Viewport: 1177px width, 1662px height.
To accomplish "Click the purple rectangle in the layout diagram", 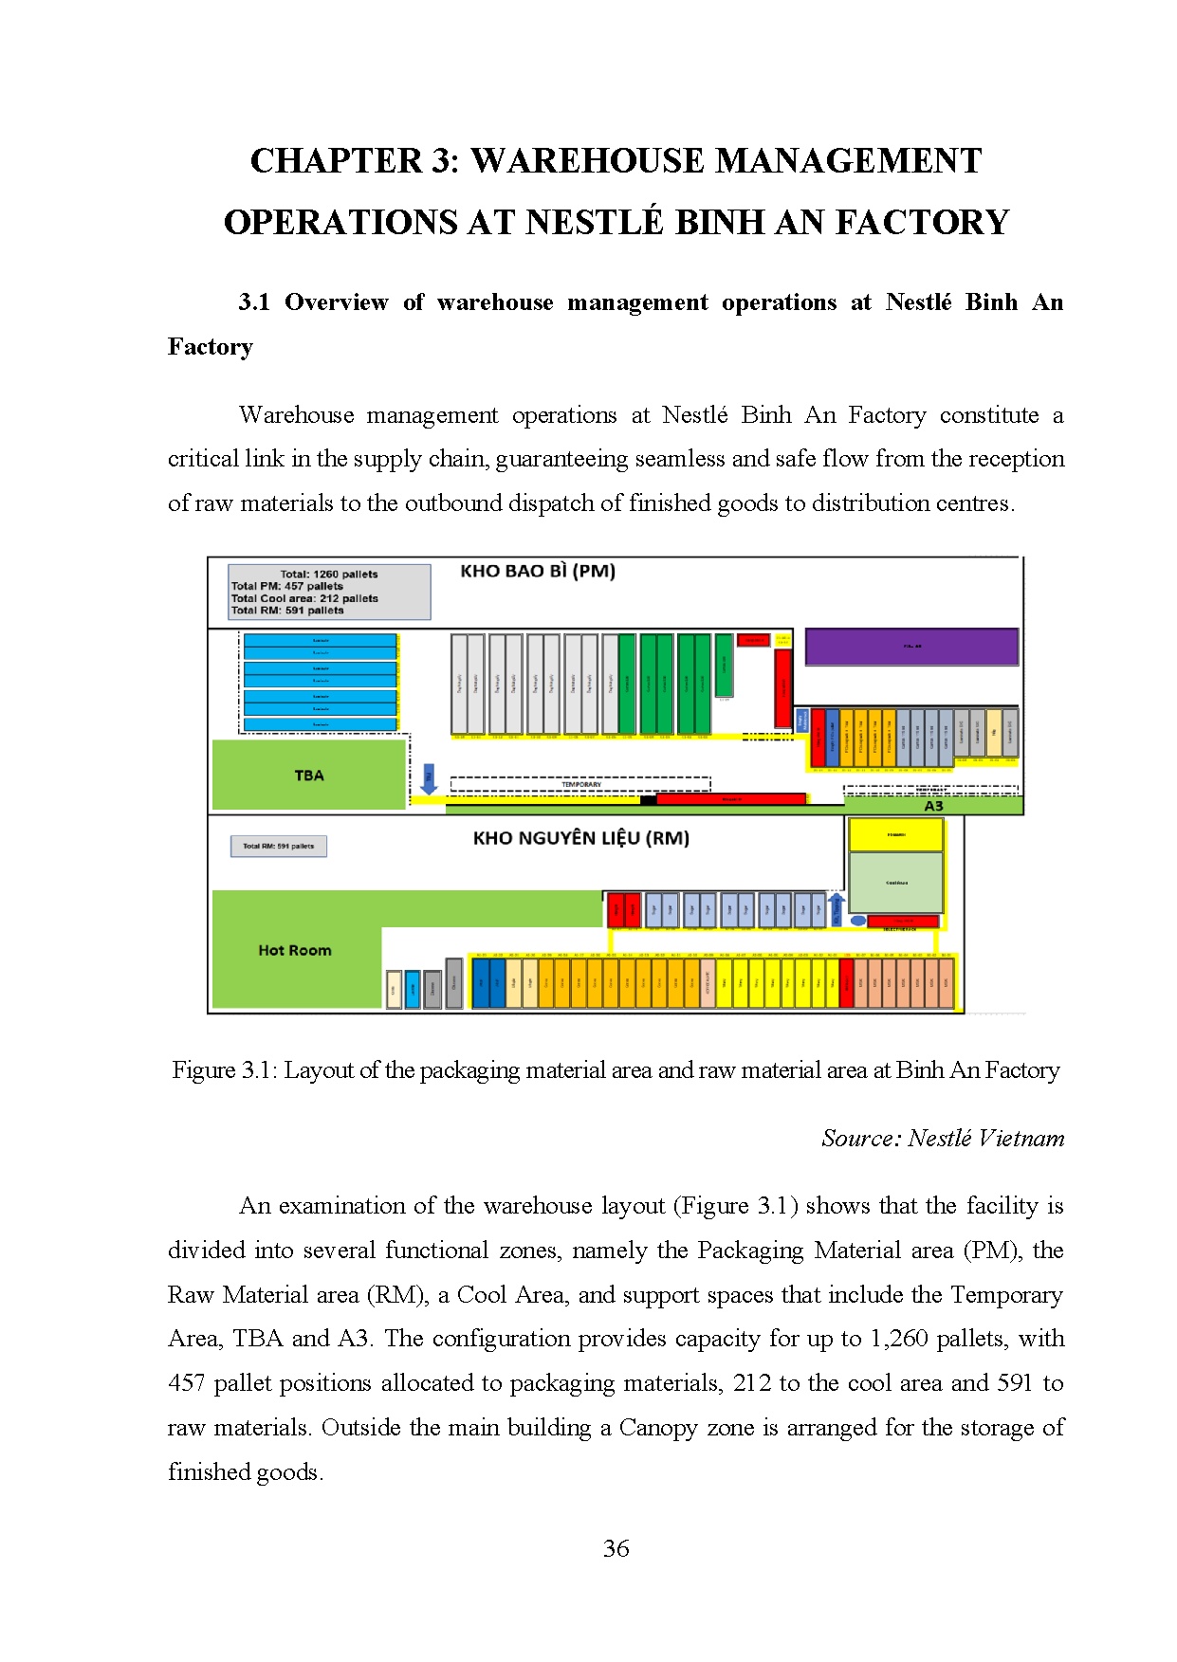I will coord(910,647).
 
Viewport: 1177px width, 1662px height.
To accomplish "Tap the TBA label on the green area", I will coord(309,776).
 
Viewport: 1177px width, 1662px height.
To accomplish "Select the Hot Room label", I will coord(295,950).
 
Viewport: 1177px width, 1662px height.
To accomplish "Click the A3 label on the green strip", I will coord(933,806).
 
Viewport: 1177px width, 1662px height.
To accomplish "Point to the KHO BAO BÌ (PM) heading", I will coord(538,572).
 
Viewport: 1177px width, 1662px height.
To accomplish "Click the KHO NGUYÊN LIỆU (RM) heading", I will coord(580,838).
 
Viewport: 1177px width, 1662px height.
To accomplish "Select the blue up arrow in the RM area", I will coord(837,907).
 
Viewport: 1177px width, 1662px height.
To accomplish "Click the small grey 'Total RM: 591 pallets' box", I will coord(279,846).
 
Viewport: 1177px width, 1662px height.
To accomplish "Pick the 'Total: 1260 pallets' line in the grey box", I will coord(328,574).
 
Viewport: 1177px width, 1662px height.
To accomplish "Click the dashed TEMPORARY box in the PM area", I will coord(580,784).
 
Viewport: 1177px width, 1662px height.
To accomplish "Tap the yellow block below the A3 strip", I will coord(895,835).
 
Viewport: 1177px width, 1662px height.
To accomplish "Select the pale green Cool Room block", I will coord(895,883).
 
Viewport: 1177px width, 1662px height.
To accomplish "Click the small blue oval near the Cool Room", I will coord(857,921).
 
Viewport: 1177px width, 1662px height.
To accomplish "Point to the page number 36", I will coord(616,1548).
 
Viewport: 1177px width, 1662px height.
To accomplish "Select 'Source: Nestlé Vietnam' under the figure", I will coord(943,1138).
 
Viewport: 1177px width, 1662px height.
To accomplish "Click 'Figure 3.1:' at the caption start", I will coord(225,1070).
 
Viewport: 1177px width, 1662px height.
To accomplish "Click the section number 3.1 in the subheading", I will coord(254,302).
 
